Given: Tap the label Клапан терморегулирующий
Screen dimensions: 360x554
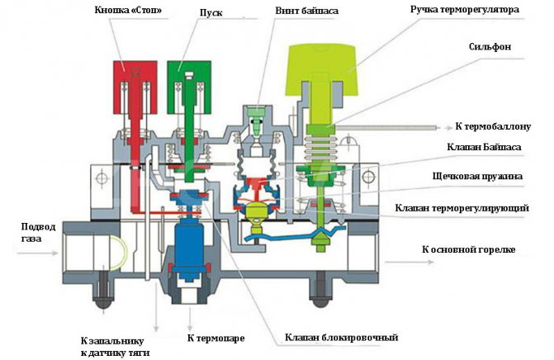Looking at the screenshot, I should click(462, 208).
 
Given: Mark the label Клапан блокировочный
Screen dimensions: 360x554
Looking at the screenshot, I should click(342, 337).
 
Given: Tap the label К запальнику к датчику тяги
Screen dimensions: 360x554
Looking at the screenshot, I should click(115, 346).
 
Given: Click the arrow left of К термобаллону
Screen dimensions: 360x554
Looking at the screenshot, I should click(437, 127).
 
